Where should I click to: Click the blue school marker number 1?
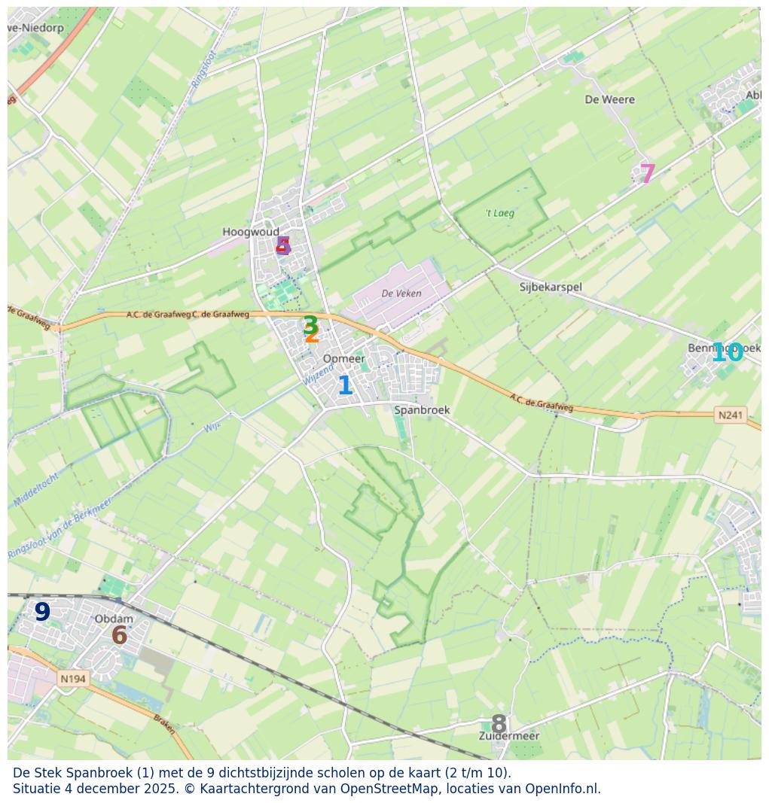tap(345, 385)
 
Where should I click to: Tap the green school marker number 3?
tap(310, 324)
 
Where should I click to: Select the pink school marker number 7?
tap(647, 174)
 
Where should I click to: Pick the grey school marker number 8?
tap(499, 724)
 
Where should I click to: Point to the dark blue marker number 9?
tap(42, 612)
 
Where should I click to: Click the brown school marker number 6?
tap(119, 635)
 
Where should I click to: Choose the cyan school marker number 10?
tap(728, 352)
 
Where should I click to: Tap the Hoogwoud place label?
tap(251, 232)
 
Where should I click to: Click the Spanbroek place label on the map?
tap(422, 410)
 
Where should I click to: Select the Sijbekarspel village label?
tap(551, 287)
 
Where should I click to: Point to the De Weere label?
tap(609, 99)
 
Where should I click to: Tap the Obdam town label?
tap(114, 619)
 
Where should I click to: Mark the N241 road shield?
tap(730, 415)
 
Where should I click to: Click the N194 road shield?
tap(73, 679)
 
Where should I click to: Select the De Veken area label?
tap(401, 294)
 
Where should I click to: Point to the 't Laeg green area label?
tap(500, 213)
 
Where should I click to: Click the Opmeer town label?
tap(343, 359)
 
